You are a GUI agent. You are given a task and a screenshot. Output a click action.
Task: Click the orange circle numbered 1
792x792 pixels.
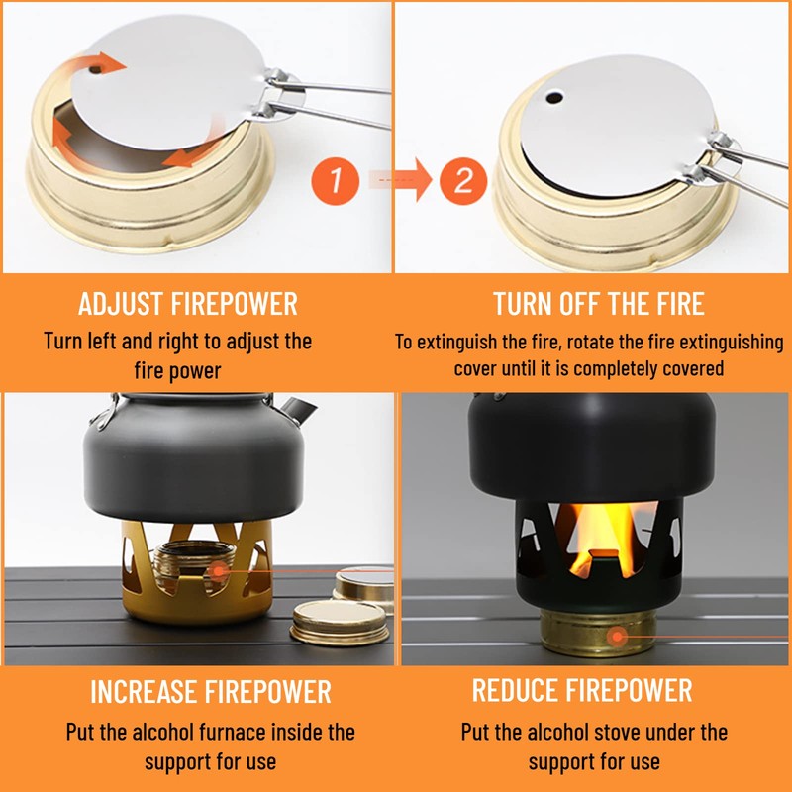coord(335,180)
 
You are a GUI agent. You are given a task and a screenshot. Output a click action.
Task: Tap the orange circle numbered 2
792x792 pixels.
coord(463,180)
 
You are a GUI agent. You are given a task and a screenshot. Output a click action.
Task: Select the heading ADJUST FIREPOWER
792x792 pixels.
coord(188,304)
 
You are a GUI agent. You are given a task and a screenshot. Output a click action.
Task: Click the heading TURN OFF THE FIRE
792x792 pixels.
coord(599,304)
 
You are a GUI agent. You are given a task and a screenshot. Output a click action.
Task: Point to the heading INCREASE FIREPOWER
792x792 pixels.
coord(211,691)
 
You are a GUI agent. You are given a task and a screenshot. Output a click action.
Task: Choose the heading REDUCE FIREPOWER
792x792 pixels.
coord(582,690)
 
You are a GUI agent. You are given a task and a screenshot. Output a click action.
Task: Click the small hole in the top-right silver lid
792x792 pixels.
coord(554,97)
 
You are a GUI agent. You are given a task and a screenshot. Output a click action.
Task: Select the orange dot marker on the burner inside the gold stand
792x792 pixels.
coord(218,571)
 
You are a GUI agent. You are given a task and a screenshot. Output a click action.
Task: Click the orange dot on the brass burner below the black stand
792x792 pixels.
coord(617,637)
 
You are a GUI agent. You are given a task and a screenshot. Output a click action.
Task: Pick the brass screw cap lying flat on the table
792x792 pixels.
coord(340,623)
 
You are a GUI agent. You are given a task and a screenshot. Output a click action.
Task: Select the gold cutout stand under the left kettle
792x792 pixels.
coord(197,572)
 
